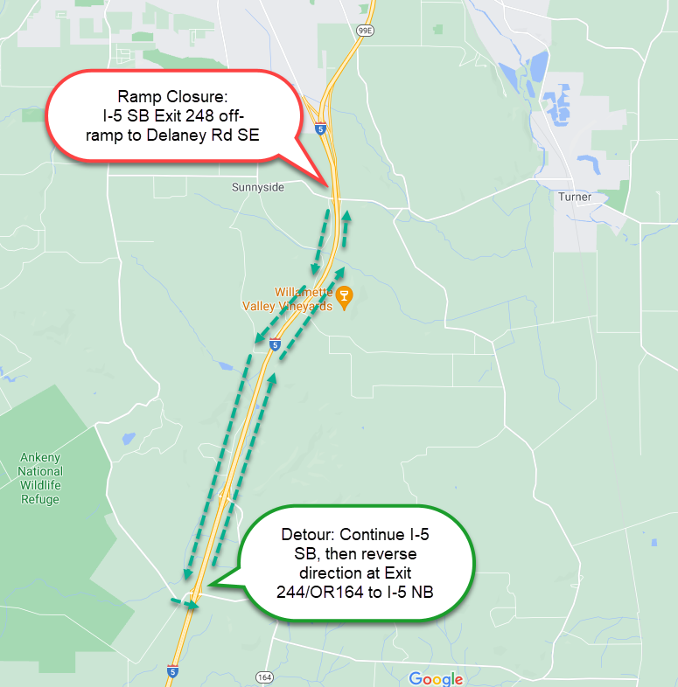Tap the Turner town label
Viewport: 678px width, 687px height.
pyautogui.click(x=575, y=197)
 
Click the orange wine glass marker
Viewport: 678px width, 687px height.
pyautogui.click(x=345, y=298)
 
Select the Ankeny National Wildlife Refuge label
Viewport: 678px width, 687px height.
pyautogui.click(x=40, y=478)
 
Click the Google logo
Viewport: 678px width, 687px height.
pyautogui.click(x=435, y=679)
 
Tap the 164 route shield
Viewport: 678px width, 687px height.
pyautogui.click(x=264, y=677)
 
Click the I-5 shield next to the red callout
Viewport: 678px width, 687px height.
pyautogui.click(x=321, y=128)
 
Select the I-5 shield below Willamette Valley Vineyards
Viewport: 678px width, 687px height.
pyautogui.click(x=275, y=344)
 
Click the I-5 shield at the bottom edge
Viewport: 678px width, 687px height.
pyautogui.click(x=172, y=671)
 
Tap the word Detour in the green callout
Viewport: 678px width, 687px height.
pyautogui.click(x=308, y=534)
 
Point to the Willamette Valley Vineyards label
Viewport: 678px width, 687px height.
pyautogui.click(x=290, y=299)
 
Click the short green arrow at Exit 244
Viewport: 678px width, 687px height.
pyautogui.click(x=185, y=603)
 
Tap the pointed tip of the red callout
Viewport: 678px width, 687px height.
pyautogui.click(x=329, y=184)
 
